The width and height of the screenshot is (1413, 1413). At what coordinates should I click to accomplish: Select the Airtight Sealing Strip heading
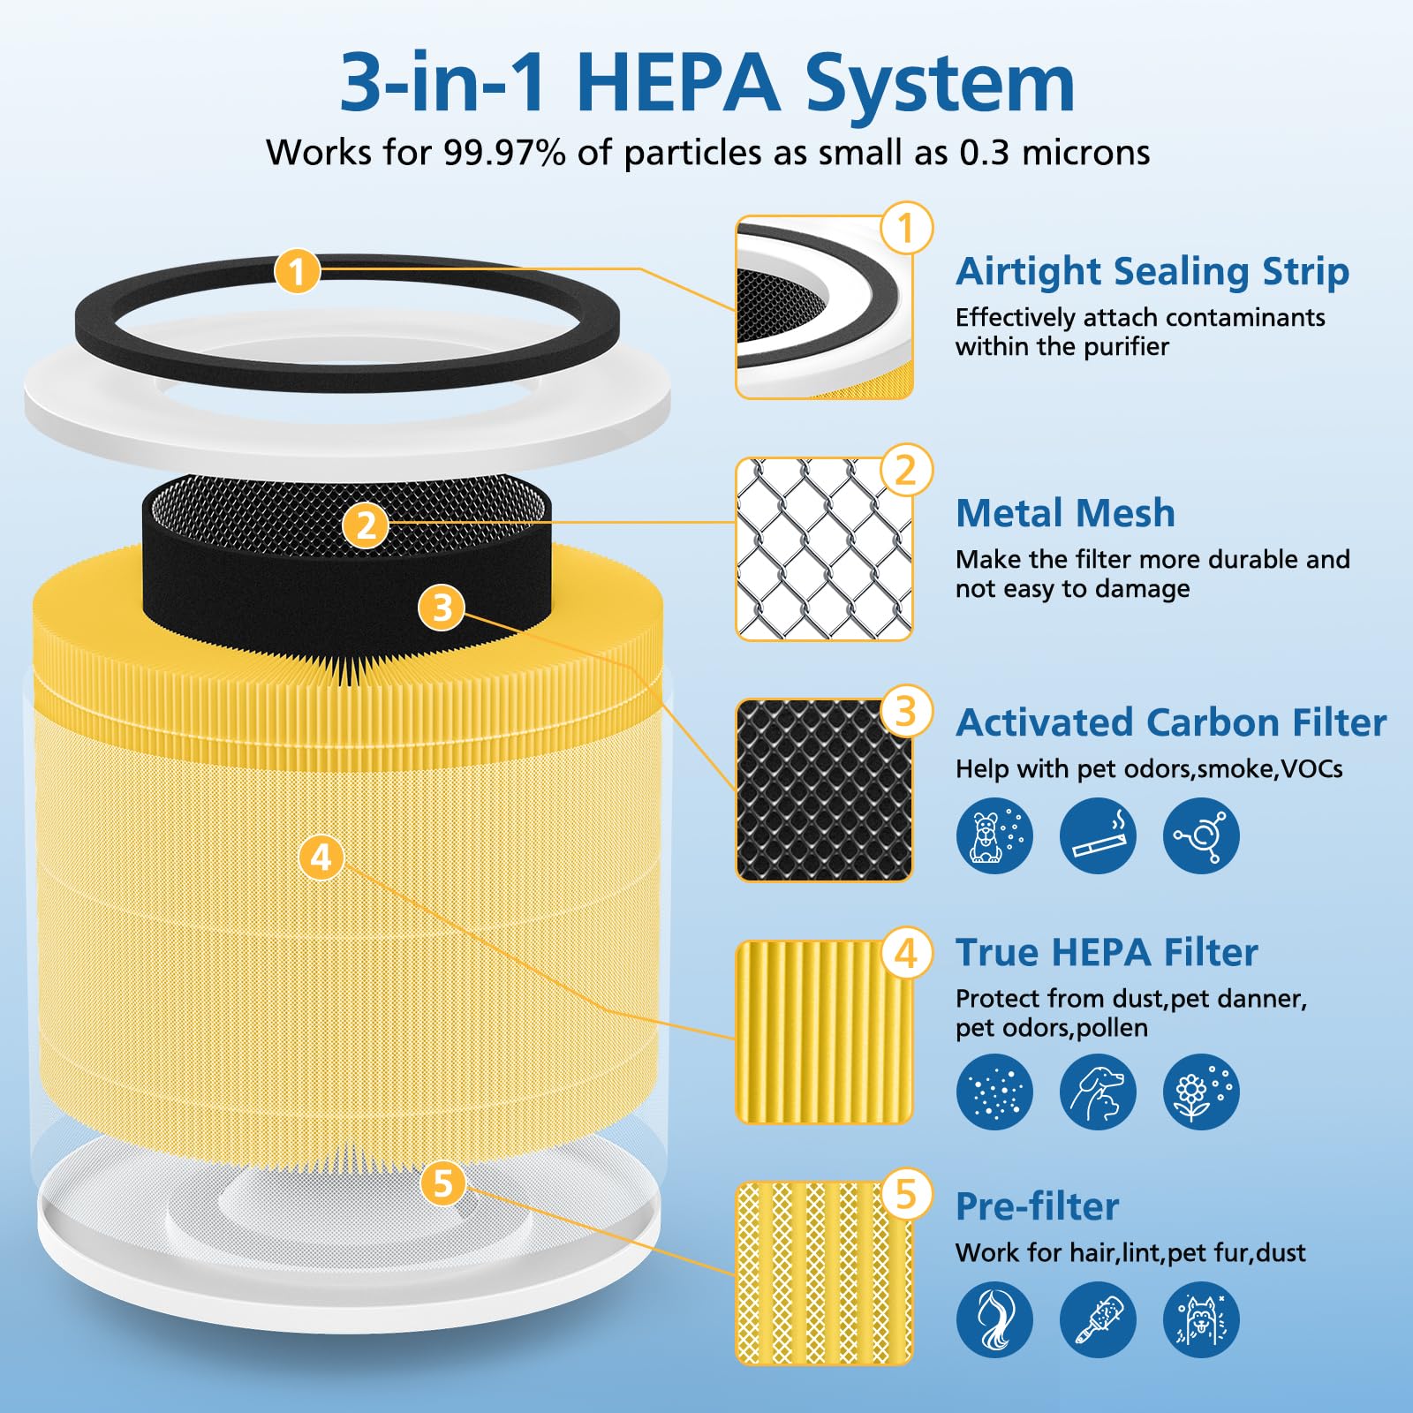pos(1152,271)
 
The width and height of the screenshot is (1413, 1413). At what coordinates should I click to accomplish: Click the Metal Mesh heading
pos(1065,513)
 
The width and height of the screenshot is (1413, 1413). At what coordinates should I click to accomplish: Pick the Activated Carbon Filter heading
pos(1170,722)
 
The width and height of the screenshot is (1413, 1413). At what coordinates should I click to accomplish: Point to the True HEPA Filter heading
pos(1106,952)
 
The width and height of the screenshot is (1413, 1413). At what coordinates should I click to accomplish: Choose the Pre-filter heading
pos(1037,1206)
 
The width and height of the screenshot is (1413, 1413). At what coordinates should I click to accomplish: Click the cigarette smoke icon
pos(1098,835)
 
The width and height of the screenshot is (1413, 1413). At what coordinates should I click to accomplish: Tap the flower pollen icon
pos(1201,1092)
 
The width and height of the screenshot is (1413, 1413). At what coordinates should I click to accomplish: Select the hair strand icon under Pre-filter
pos(994,1319)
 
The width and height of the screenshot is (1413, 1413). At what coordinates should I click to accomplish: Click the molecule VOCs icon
pos(1201,835)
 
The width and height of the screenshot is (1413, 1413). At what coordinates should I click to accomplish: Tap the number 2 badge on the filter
pos(366,525)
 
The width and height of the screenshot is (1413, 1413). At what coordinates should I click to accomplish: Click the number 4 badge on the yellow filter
pos(321,857)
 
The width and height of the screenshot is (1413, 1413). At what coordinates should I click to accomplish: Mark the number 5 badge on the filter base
pos(442,1183)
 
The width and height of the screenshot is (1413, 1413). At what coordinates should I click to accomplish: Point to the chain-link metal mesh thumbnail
pos(823,548)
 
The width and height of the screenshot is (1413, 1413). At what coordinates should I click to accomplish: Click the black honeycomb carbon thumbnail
pos(823,790)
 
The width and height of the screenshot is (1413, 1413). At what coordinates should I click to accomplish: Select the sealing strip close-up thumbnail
pos(823,307)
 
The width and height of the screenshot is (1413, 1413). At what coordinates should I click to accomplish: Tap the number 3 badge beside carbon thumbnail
pos(906,711)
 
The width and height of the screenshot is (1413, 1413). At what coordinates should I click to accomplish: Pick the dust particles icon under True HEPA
pos(994,1092)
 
